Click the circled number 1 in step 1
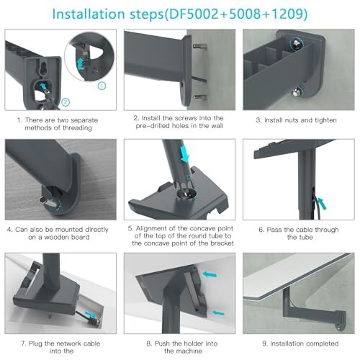click(102, 86)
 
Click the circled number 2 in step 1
click(66, 102)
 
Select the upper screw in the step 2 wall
click(200, 46)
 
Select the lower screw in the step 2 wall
click(200, 97)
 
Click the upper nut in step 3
click(297, 44)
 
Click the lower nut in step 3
click(297, 91)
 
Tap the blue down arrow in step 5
click(184, 154)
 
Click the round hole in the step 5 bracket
click(186, 193)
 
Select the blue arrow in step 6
click(322, 203)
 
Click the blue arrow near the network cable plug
click(89, 314)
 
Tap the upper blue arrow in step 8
click(210, 274)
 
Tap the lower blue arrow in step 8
click(218, 313)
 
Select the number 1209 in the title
click(287, 14)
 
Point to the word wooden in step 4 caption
click(58, 237)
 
